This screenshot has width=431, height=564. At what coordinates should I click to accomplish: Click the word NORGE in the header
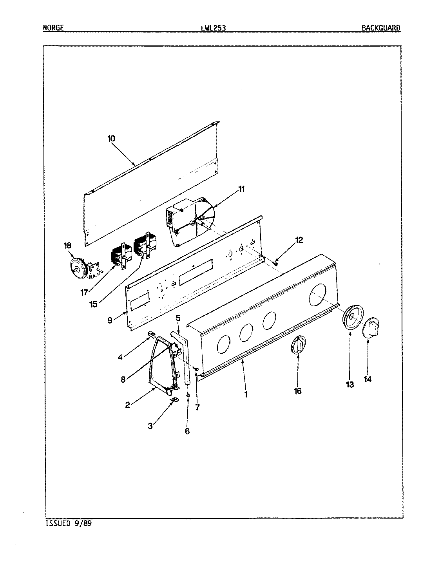pyautogui.click(x=53, y=28)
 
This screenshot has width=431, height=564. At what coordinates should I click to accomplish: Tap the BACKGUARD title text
pyautogui.click(x=381, y=28)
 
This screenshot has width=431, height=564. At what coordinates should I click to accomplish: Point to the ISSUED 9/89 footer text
pyautogui.click(x=69, y=523)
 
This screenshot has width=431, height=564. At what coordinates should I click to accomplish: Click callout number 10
pyautogui.click(x=111, y=138)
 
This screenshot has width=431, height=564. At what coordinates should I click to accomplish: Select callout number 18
pyautogui.click(x=68, y=246)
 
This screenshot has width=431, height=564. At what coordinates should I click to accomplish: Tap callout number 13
pyautogui.click(x=350, y=384)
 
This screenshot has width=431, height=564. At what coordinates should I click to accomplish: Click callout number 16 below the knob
pyautogui.click(x=298, y=391)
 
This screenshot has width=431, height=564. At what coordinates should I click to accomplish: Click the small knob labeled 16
pyautogui.click(x=299, y=345)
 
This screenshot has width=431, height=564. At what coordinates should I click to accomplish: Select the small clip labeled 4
pyautogui.click(x=150, y=333)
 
